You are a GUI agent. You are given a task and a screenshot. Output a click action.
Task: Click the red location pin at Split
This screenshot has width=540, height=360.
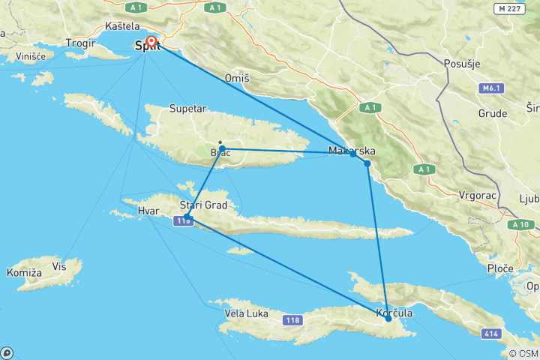point(151,42)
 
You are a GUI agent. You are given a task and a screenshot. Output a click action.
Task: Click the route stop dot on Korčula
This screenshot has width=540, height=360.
point(388,319)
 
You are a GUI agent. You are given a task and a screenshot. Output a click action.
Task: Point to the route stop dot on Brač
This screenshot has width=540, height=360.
point(222,148)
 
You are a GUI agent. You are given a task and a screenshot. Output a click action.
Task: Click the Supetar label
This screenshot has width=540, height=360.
point(187,109)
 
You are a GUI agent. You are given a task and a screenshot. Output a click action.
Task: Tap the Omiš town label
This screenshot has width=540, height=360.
point(236,78)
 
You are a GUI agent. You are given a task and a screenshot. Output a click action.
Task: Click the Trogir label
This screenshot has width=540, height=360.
point(80,43)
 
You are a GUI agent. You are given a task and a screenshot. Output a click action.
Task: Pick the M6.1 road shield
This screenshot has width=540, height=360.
point(491,88)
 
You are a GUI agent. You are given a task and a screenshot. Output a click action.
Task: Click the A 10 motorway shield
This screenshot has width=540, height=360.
point(521,224)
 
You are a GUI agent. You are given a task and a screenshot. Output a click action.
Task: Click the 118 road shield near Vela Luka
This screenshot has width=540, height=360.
point(293,320)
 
